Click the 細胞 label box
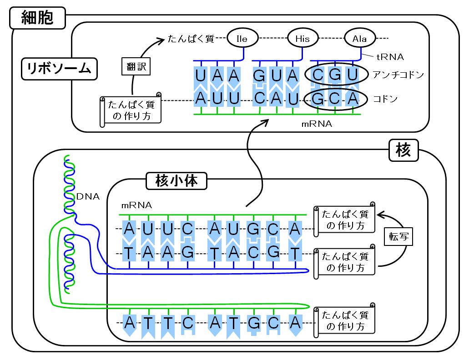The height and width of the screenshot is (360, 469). coord(37,18)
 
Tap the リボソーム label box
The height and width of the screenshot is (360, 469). coord(59,69)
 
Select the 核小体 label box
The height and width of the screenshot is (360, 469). coord(177,181)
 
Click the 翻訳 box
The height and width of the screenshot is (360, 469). coord(136,66)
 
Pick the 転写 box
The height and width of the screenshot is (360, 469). coord(398,237)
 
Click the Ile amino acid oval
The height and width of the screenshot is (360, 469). coord(242,39)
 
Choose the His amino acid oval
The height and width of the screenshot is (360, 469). coord(303,39)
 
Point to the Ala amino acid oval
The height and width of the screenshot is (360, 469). coord(359,39)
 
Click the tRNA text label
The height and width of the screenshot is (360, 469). coord(390,57)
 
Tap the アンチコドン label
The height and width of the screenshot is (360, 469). coord(398,75)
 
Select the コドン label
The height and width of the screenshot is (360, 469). coord(385,99)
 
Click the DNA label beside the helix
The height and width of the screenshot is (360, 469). coord(88,196)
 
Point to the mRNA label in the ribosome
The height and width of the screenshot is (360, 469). coord(317,124)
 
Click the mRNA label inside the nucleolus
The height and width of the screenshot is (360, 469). coord(136,205)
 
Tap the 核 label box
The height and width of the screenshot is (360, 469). coord(403,150)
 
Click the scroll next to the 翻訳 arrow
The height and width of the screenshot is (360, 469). coord(131,110)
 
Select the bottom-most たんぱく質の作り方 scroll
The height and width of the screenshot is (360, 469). coord(344,320)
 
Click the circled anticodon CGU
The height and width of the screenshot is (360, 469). coord(336,75)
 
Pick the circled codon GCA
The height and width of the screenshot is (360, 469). coord(335,99)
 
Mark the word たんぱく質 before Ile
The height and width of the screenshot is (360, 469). coord(191,39)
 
